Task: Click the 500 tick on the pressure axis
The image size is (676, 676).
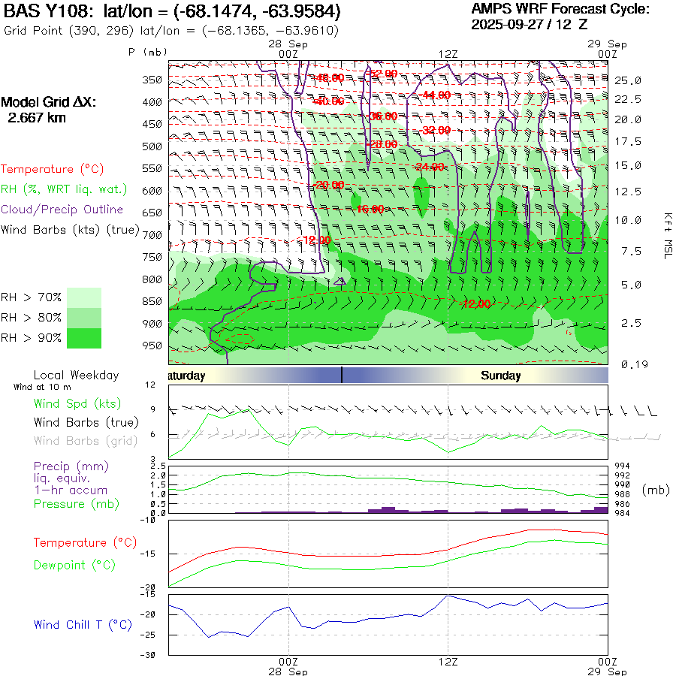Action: coord(152,146)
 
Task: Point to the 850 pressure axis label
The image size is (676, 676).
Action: coord(152,301)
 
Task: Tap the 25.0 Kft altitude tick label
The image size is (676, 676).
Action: coord(628,80)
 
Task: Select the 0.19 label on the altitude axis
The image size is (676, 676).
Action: coord(628,364)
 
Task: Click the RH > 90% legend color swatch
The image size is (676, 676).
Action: coord(84,338)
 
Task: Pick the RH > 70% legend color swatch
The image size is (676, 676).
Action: coord(84,297)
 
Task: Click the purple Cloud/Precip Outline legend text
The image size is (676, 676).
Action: coord(62,210)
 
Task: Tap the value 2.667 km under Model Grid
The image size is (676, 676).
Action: coord(37,117)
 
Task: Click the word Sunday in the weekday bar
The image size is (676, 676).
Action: coord(501,376)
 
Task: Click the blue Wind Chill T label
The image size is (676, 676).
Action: coord(83,624)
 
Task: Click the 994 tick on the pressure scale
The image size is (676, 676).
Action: coord(623,466)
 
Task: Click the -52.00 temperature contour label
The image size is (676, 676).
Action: coord(383,74)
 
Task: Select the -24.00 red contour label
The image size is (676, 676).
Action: coord(430,167)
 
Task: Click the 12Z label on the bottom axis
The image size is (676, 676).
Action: coord(448,662)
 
